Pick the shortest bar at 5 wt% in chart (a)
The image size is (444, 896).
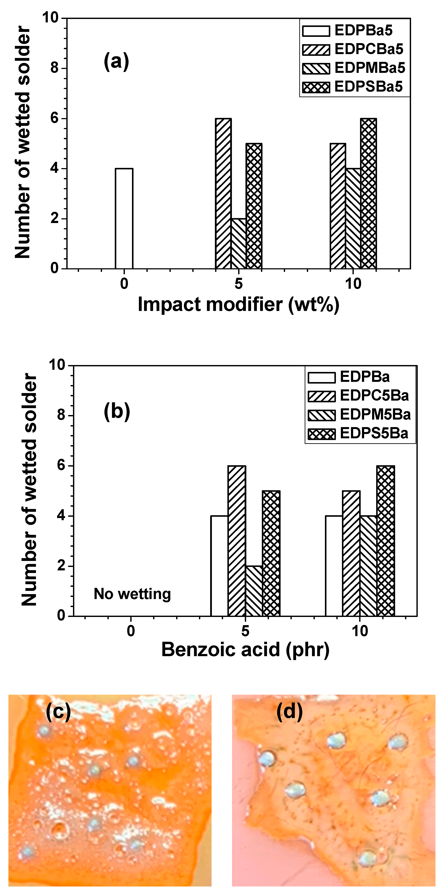(x=239, y=244)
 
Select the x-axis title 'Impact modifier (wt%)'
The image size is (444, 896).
(x=239, y=305)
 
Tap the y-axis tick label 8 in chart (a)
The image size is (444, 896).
(x=55, y=68)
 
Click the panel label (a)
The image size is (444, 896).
(x=116, y=62)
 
